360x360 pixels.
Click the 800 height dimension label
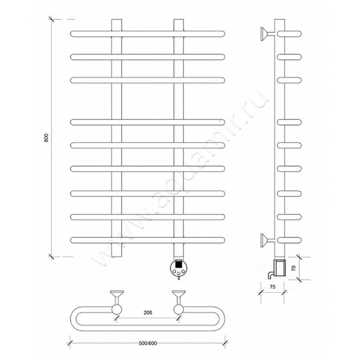point(46,138)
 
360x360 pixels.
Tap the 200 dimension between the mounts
point(148,312)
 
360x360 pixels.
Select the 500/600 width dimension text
point(148,343)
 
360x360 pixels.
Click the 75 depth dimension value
point(272,287)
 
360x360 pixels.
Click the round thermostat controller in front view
point(179,268)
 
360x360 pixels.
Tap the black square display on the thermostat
point(179,265)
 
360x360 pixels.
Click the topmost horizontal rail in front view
point(148,34)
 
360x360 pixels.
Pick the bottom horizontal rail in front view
point(148,240)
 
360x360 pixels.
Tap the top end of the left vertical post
point(117,19)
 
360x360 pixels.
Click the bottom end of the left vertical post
point(117,256)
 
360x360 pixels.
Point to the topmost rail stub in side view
point(289,34)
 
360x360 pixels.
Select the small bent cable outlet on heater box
point(270,274)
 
